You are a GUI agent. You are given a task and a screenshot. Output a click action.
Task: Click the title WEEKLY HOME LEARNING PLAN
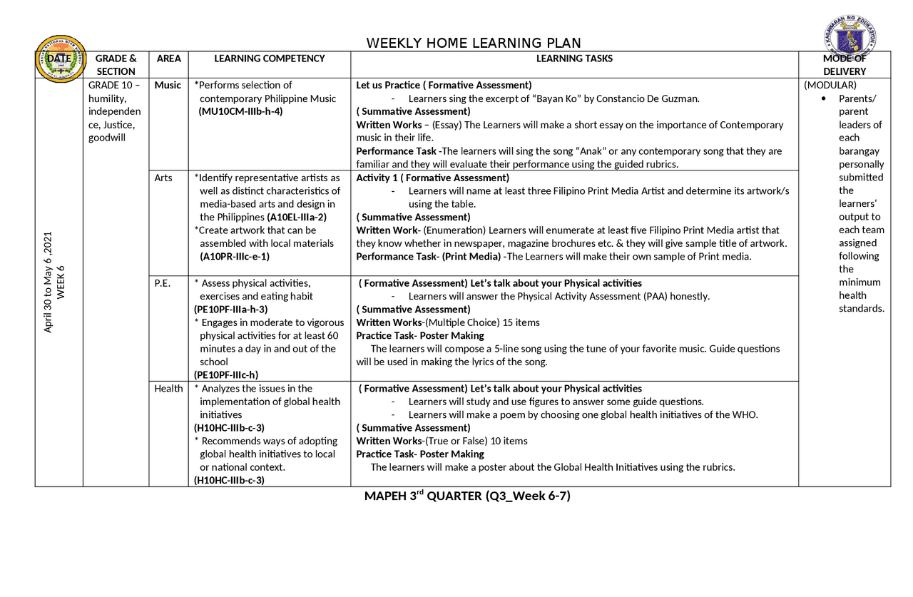[473, 44]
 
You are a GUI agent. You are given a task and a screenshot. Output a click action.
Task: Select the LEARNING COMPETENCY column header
[269, 58]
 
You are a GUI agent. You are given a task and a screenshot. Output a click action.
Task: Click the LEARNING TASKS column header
[573, 58]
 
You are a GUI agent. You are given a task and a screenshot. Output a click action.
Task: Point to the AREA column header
[168, 58]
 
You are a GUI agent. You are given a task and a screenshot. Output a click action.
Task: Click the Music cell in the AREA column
[168, 85]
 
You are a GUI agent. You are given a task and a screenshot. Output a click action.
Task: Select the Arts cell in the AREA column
[163, 178]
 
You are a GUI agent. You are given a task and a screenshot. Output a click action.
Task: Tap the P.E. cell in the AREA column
[162, 283]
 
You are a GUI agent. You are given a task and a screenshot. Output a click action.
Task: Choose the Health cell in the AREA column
[168, 389]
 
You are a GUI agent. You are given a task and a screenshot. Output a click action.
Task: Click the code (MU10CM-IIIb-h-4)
[240, 111]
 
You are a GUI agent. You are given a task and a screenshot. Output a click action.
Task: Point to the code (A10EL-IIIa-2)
[297, 217]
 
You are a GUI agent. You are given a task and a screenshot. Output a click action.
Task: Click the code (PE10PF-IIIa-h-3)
[230, 310]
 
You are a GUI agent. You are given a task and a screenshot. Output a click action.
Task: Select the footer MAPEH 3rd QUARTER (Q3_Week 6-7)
[467, 496]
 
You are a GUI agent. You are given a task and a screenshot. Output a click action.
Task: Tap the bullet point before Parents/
[824, 98]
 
